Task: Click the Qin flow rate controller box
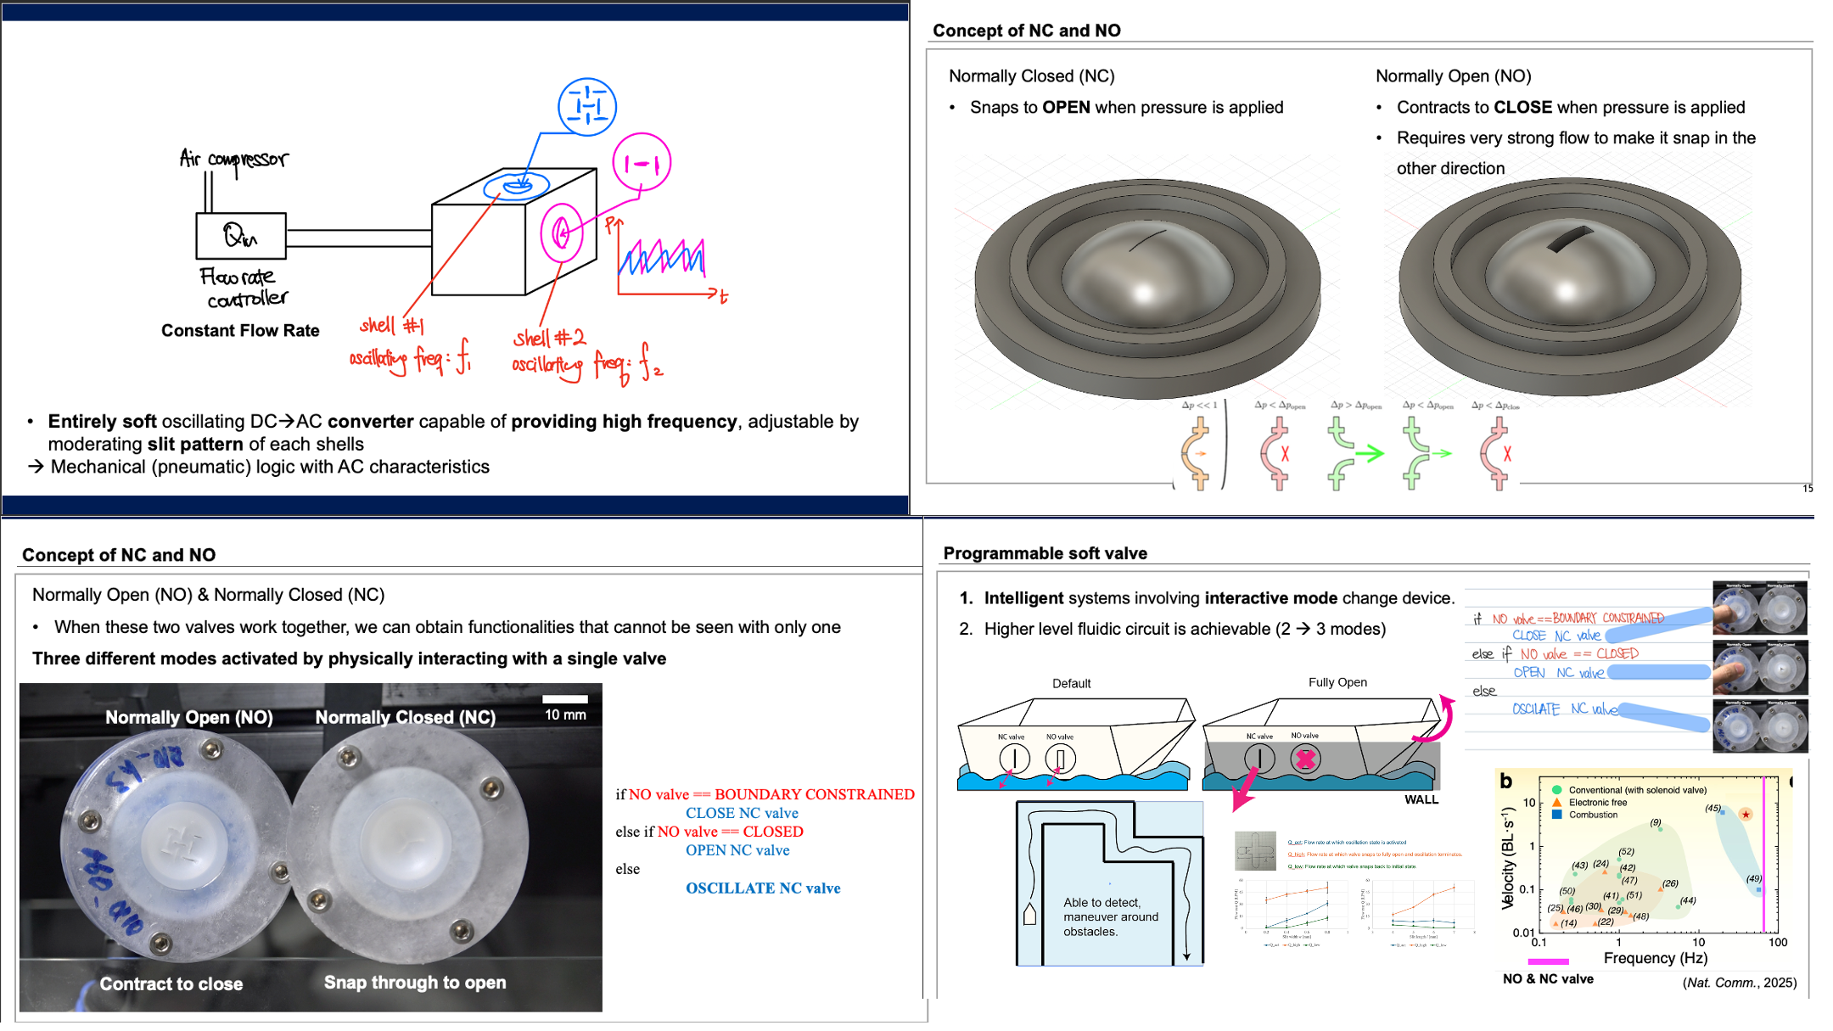(240, 235)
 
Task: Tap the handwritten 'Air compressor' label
(234, 159)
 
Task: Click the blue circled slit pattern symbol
(586, 107)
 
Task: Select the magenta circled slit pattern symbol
(642, 163)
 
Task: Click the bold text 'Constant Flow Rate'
(240, 331)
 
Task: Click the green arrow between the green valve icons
(1369, 454)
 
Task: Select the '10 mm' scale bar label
(565, 714)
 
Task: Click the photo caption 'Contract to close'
(171, 983)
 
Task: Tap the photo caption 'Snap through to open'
(415, 982)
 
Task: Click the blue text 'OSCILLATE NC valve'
(763, 888)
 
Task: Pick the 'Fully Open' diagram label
(1337, 682)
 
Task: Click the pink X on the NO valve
(1305, 759)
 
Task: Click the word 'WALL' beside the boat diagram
(1421, 799)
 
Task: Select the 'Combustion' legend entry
(1592, 815)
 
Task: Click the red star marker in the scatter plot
(1746, 815)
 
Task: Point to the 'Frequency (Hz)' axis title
(1655, 958)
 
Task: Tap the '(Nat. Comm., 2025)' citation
(1739, 982)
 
